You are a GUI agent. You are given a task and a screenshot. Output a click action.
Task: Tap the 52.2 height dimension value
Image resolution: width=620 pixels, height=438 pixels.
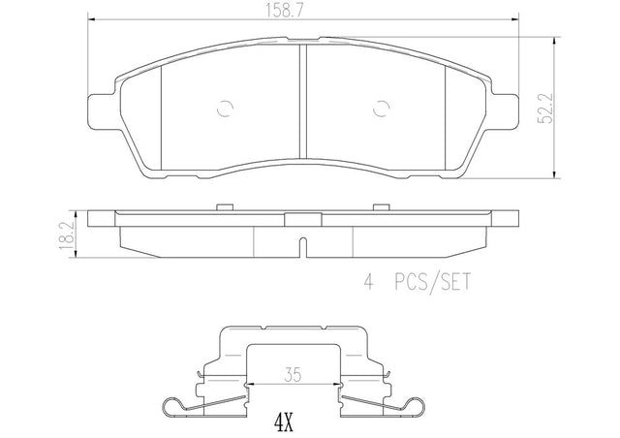coord(545,109)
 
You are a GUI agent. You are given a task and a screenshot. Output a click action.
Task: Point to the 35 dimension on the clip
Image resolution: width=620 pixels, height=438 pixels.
coord(293,374)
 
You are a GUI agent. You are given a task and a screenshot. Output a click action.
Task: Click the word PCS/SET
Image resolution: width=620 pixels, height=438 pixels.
coord(433,283)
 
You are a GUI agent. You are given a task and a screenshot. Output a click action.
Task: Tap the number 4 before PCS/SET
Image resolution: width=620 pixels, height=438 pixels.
coord(368,283)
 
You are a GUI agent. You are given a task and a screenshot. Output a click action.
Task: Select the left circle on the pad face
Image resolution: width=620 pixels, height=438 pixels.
coord(226,108)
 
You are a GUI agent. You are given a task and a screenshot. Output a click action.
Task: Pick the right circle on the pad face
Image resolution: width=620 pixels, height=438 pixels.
coord(381,108)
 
